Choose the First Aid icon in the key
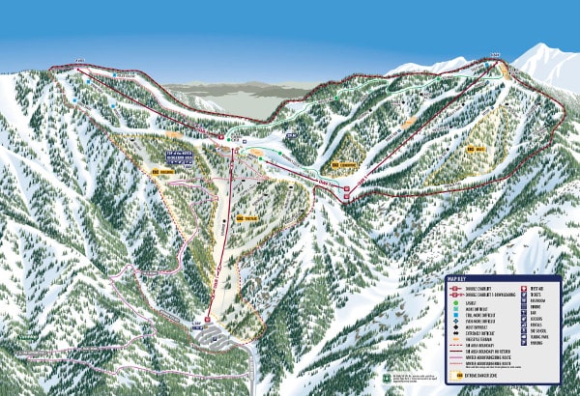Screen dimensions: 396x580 (521, 288)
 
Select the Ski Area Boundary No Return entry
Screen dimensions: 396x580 (480, 351)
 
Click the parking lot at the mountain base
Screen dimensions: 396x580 (215, 335)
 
